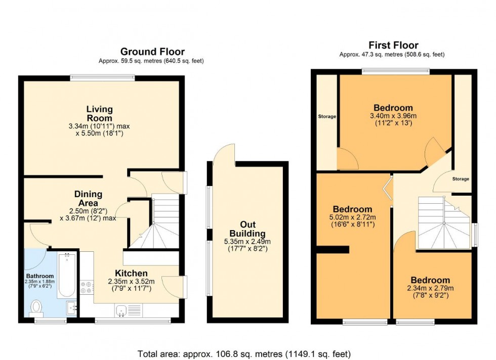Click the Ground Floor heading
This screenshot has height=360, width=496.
152,52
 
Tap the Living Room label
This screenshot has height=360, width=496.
99,113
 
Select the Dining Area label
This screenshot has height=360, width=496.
88,198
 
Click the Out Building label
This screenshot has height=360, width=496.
247,229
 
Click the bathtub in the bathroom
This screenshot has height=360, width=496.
66,276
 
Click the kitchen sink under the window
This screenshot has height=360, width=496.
121,310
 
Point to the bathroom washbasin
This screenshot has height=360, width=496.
71,306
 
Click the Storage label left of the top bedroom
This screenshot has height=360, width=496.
326,117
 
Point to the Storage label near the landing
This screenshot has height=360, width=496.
461,179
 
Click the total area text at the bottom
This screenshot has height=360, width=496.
244,354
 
